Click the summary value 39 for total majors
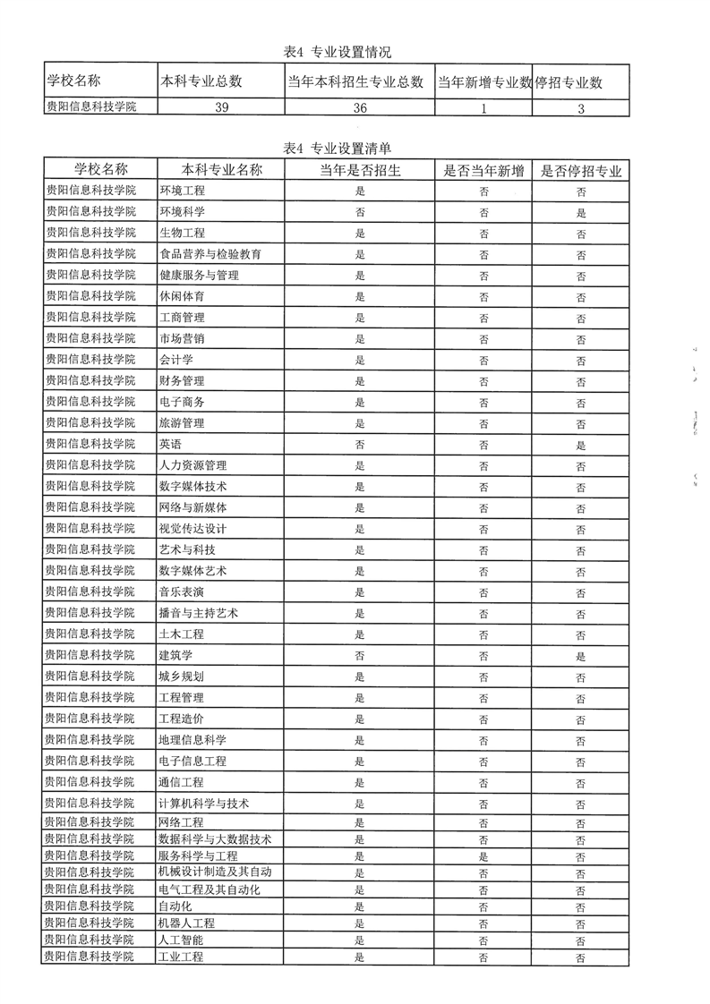pyautogui.click(x=221, y=107)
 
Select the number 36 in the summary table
pyautogui.click(x=360, y=107)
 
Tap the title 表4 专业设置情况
pyautogui.click(x=337, y=52)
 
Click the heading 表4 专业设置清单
pyautogui.click(x=337, y=149)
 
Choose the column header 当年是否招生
pyautogui.click(x=360, y=170)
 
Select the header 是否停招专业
pyautogui.click(x=581, y=170)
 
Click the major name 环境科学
pyautogui.click(x=182, y=212)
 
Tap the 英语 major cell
pyautogui.click(x=170, y=444)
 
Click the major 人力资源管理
pyautogui.click(x=192, y=465)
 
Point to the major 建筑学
pyautogui.click(x=175, y=655)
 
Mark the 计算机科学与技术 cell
pyautogui.click(x=203, y=804)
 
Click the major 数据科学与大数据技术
pyautogui.click(x=215, y=839)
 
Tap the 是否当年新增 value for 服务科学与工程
pyautogui.click(x=483, y=856)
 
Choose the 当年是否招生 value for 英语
pyautogui.click(x=360, y=444)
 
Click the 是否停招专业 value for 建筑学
pyautogui.click(x=581, y=655)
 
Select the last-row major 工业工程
pyautogui.click(x=181, y=957)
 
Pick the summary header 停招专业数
pyautogui.click(x=569, y=82)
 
